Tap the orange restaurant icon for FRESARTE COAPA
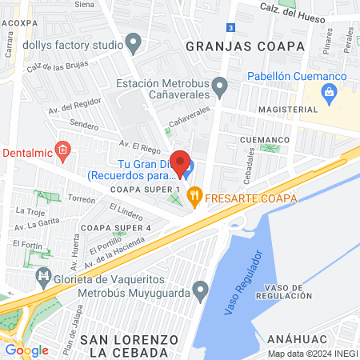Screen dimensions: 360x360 [x=194, y=195]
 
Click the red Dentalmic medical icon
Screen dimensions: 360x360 [x=65, y=150]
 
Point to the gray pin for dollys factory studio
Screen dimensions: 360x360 [x=134, y=42]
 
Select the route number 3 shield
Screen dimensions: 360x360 [x=230, y=27]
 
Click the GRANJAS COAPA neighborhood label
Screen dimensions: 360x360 [x=245, y=46]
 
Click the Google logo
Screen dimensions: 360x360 [x=26, y=350]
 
